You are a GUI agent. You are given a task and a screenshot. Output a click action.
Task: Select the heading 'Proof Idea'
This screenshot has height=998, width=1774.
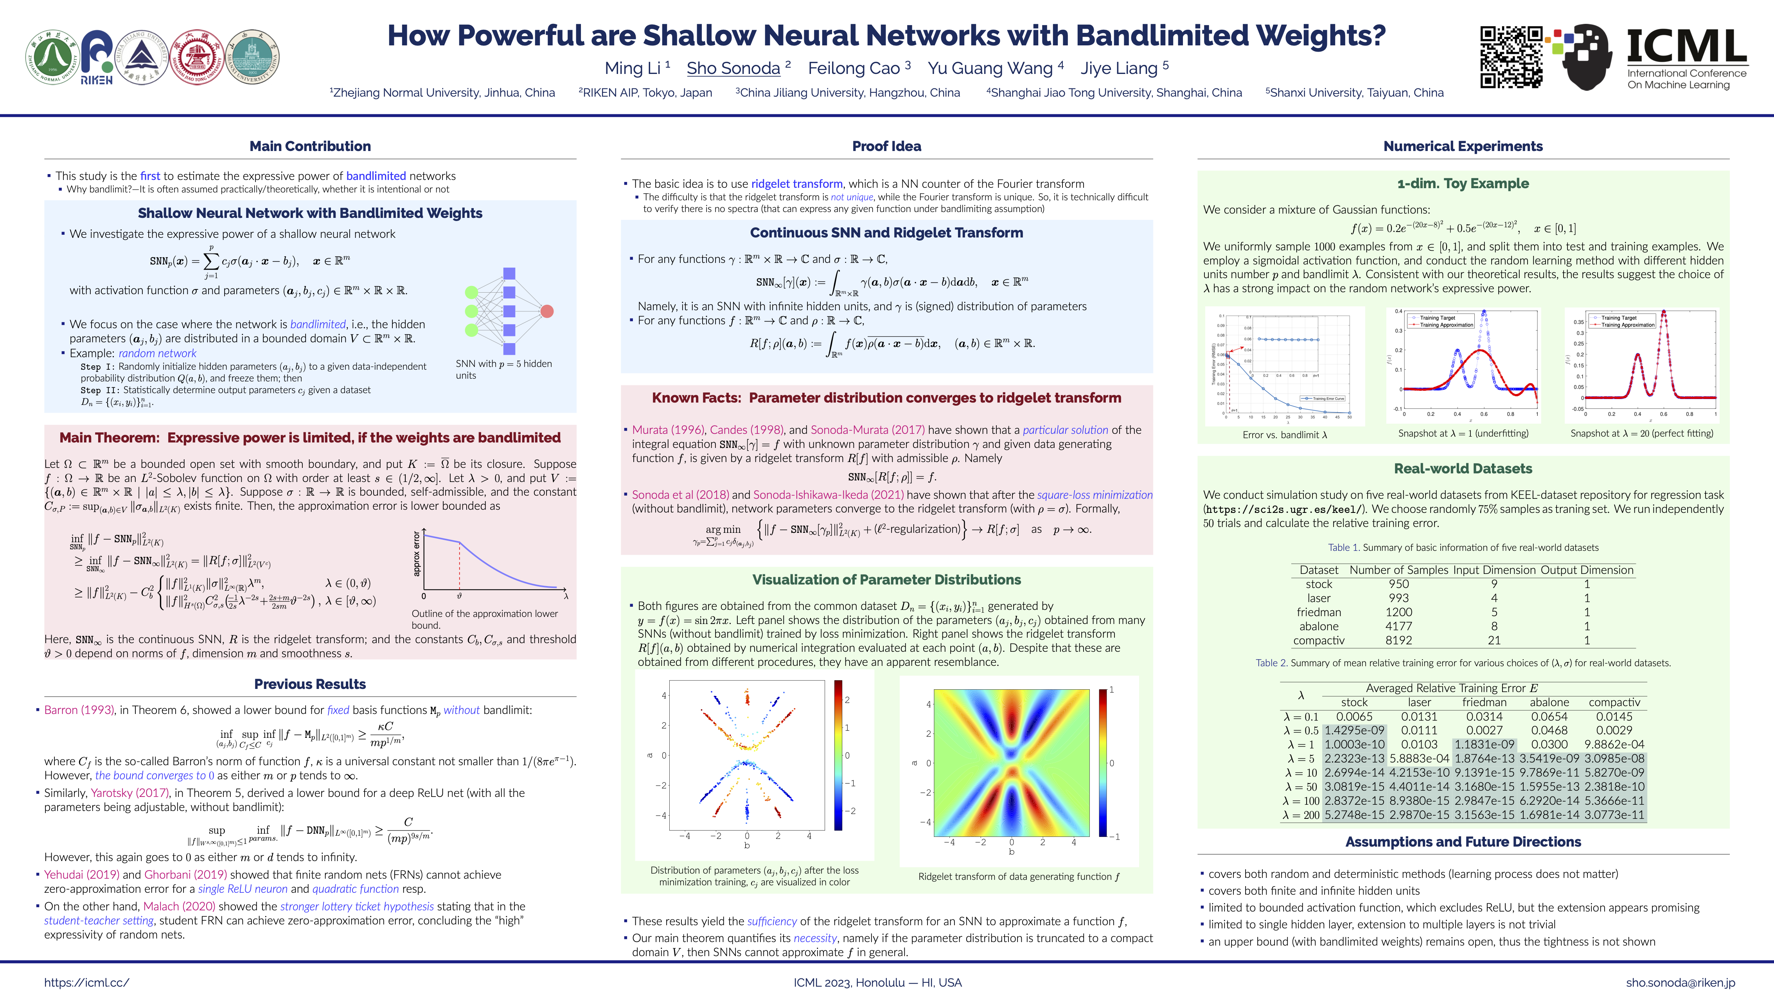point(886,146)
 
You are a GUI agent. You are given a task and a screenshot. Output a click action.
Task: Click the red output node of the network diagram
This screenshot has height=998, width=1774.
point(547,311)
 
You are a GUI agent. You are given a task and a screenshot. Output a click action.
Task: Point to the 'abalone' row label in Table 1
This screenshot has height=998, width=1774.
point(1319,626)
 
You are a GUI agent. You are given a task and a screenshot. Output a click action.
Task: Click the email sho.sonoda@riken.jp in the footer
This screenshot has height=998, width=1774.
point(1681,983)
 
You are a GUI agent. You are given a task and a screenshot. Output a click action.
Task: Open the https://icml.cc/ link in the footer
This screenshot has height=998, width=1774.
point(87,983)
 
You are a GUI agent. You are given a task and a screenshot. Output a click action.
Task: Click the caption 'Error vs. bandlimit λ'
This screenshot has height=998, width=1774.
point(1284,435)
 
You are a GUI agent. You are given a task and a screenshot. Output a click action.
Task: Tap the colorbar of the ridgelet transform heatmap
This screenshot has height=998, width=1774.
point(1103,762)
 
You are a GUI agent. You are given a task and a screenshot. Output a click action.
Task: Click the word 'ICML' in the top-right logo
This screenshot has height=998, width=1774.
point(1686,47)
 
